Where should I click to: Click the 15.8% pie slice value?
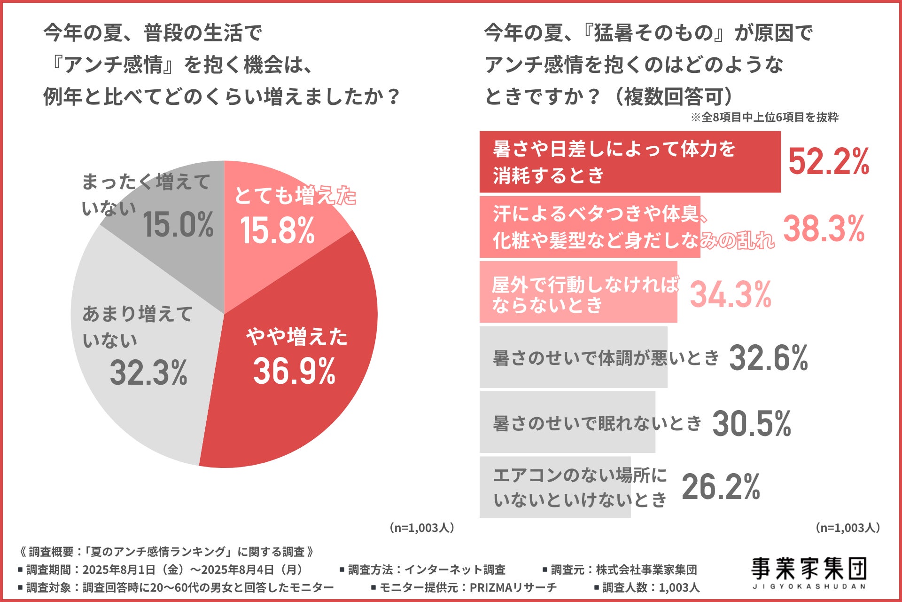277,230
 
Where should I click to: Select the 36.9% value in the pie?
294,371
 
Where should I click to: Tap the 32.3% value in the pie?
148,372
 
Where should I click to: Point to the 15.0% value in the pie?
178,224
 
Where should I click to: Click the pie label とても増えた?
295,195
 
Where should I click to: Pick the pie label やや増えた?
296,337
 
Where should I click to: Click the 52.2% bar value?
829,161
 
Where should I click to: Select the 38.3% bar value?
824,229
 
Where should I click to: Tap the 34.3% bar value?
731,294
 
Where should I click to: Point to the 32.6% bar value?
769,358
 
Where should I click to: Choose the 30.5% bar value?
752,423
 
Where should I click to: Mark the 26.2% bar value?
721,487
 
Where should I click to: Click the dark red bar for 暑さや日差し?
630,162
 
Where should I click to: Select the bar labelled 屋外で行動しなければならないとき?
578,293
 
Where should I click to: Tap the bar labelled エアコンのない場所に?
554,487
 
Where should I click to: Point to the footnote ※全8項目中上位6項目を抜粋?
764,117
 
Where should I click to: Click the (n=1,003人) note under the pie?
421,528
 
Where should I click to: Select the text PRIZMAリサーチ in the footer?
513,587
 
